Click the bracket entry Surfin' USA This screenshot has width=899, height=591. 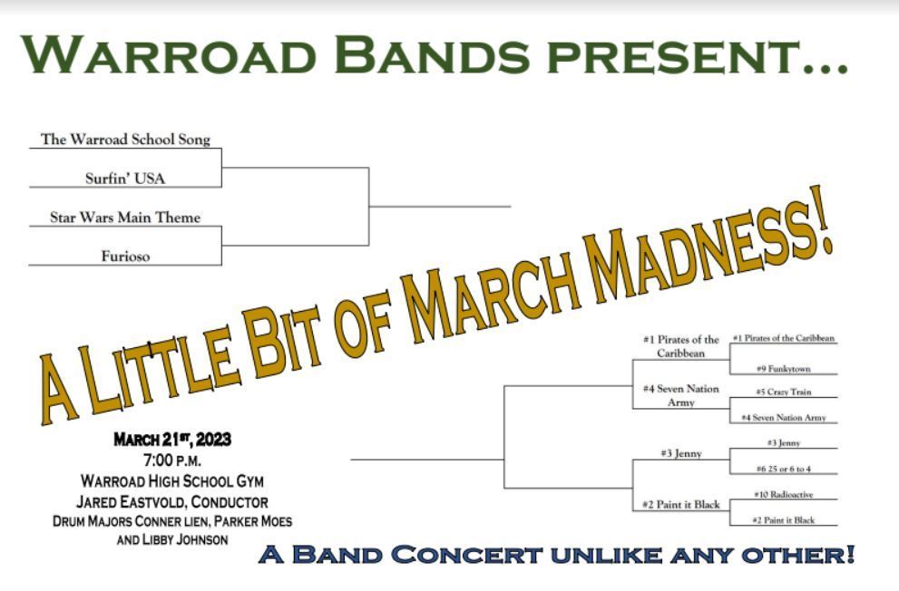click(125, 178)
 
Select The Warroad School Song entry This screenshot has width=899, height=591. click(125, 140)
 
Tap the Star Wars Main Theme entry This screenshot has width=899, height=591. click(125, 217)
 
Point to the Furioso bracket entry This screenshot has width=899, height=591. click(125, 256)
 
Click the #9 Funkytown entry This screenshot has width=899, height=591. click(783, 369)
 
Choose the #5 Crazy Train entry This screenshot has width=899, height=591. click(783, 392)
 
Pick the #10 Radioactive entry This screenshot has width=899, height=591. click(783, 494)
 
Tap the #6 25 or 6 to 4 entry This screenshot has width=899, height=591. click(783, 469)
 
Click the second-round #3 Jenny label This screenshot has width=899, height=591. click(681, 453)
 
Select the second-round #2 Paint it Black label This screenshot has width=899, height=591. click(681, 505)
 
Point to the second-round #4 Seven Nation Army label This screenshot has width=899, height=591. click(681, 396)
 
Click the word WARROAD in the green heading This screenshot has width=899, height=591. click(169, 54)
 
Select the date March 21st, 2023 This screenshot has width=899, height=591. click(172, 440)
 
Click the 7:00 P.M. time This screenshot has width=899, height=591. click(172, 460)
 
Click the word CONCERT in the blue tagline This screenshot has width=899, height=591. click(466, 555)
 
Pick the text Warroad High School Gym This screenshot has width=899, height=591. click(172, 481)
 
